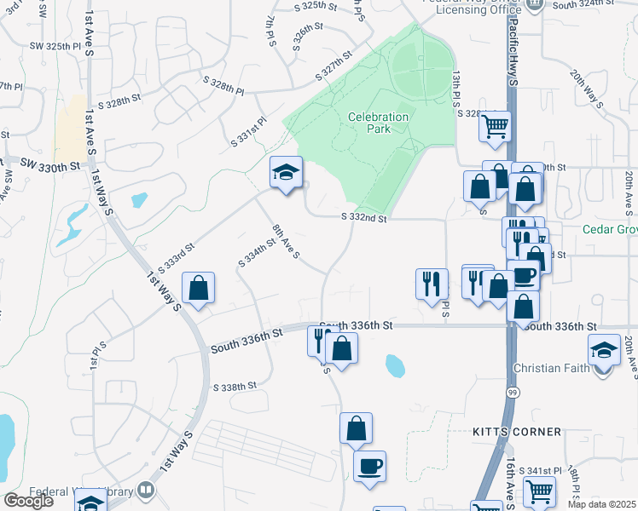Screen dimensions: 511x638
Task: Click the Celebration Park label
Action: (x=378, y=123)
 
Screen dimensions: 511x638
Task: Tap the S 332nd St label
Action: (x=366, y=218)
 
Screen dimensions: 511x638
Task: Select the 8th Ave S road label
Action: (x=285, y=241)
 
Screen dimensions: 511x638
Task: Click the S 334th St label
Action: (x=258, y=253)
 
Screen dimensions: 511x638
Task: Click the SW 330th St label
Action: (x=49, y=164)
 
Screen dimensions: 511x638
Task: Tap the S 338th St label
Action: (x=235, y=386)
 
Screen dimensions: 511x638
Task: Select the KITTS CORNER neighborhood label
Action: (x=517, y=432)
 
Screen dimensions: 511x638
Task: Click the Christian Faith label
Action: (x=552, y=368)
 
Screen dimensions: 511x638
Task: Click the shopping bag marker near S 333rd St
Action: (x=198, y=288)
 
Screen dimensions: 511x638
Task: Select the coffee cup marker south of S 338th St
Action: (x=369, y=467)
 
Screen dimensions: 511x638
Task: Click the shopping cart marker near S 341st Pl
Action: (x=538, y=491)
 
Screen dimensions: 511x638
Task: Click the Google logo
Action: (x=28, y=501)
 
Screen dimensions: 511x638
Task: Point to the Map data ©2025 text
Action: (x=601, y=504)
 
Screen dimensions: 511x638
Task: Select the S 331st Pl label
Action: (x=248, y=133)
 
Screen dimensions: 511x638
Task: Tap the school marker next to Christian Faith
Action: (x=604, y=349)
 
